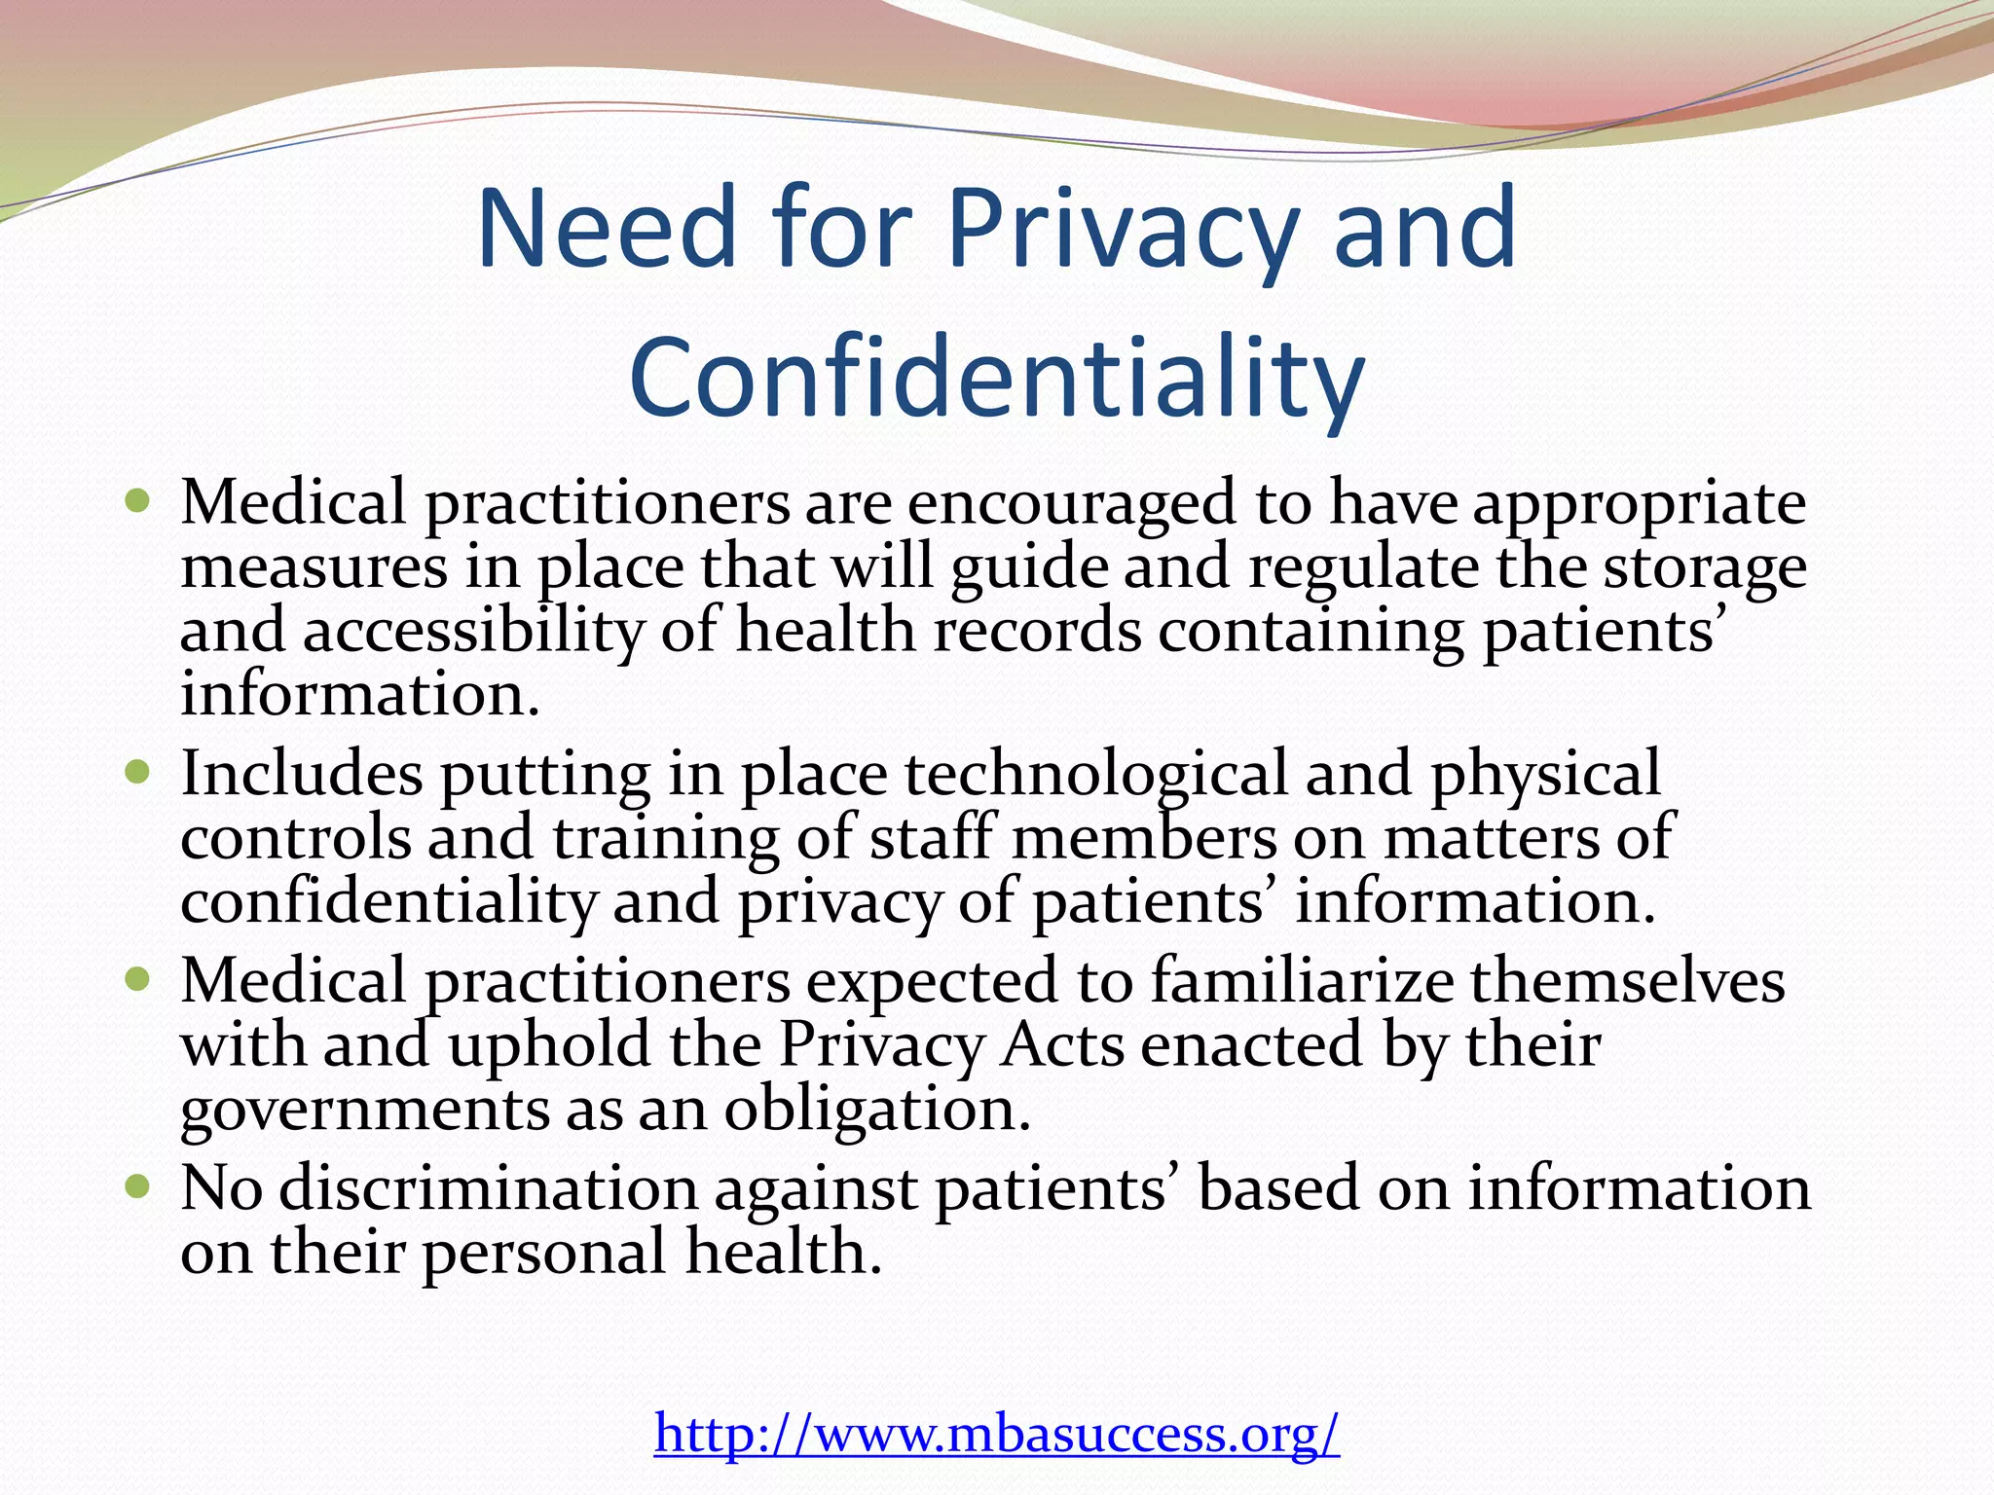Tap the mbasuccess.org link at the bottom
click(996, 1432)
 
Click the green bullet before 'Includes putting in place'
click(138, 774)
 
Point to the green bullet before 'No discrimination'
click(138, 1187)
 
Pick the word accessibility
click(473, 633)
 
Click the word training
click(666, 840)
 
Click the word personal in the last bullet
click(544, 1254)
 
